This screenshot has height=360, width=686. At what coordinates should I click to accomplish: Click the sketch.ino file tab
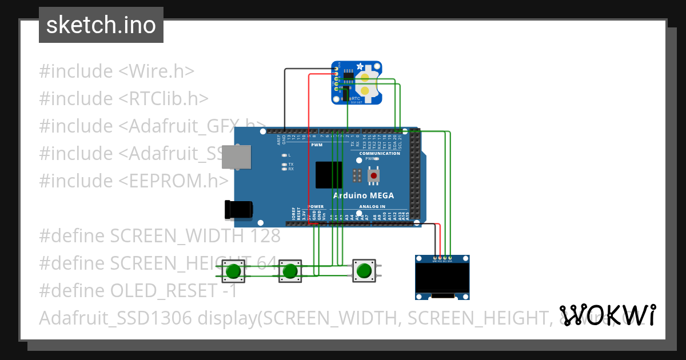tap(101, 25)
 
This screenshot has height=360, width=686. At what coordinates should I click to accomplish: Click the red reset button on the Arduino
tap(374, 175)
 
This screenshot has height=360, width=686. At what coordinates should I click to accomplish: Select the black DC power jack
tap(238, 210)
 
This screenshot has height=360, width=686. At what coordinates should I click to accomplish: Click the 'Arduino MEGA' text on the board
tap(363, 195)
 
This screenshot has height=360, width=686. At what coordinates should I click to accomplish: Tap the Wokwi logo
tap(607, 315)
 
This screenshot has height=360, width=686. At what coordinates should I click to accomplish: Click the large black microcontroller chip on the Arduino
tap(329, 174)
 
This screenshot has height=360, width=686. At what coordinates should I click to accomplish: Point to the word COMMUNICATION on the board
tap(380, 153)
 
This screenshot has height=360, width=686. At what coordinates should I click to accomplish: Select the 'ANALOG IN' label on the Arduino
tap(372, 206)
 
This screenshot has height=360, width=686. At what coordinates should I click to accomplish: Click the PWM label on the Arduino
tap(317, 145)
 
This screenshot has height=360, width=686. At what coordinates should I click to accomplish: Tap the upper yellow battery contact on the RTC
tap(365, 77)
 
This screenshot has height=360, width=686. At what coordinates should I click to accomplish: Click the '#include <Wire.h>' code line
tap(117, 71)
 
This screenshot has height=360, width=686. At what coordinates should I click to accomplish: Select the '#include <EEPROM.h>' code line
tap(134, 181)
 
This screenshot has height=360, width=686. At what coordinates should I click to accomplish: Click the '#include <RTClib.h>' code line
tap(123, 99)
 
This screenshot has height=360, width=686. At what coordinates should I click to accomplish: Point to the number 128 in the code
tap(265, 235)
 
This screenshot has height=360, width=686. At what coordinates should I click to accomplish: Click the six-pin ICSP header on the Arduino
tap(357, 175)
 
